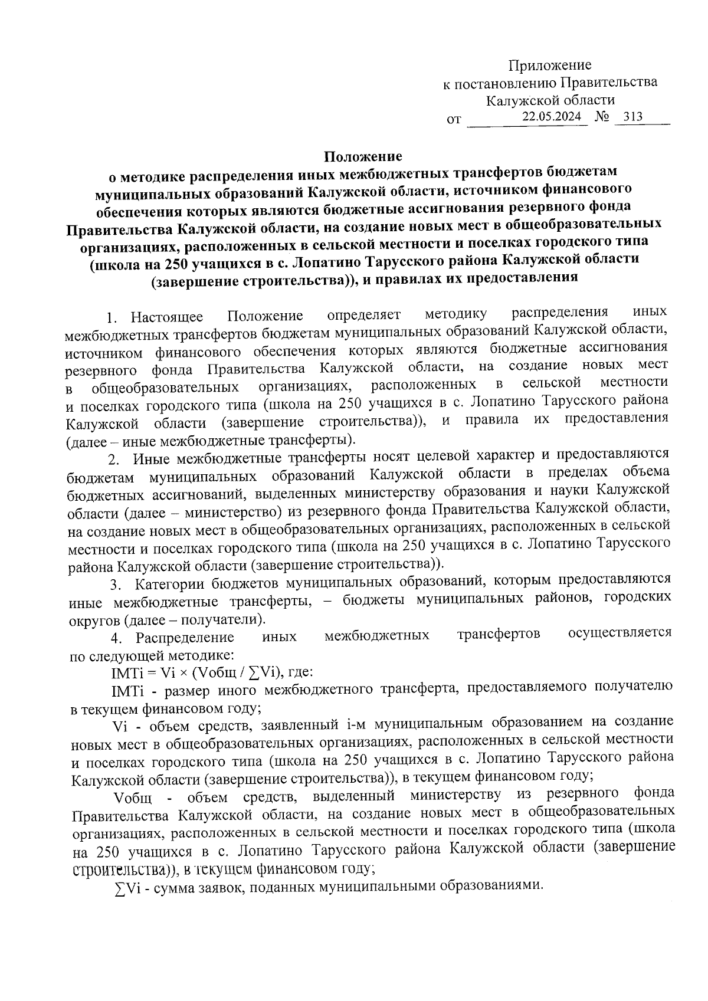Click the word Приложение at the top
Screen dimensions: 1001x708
coord(550,65)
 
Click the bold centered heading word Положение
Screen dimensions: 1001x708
coord(362,156)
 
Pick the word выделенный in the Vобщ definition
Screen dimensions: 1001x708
coord(353,797)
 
